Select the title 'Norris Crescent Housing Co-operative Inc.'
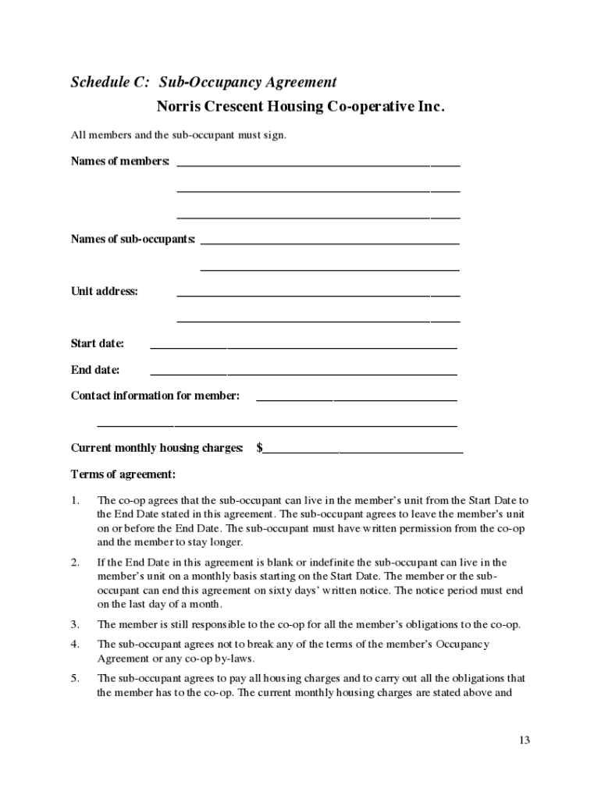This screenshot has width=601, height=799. (300, 107)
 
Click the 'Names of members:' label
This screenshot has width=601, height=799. (120, 161)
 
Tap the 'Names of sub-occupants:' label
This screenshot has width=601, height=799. (133, 239)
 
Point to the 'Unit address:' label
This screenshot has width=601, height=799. (105, 291)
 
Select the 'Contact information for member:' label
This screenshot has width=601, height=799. (155, 396)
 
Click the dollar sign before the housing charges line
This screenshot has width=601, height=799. (259, 448)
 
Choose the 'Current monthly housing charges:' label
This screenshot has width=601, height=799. (157, 448)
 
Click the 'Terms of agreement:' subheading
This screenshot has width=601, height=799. (123, 474)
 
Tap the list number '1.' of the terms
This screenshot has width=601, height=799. (75, 500)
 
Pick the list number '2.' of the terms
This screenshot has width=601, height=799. (75, 563)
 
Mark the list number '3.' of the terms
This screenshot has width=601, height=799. (75, 625)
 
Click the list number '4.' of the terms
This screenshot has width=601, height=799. (75, 645)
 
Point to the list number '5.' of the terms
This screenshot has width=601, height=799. (75, 679)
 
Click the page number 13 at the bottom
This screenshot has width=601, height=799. (524, 740)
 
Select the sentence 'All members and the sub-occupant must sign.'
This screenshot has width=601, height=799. (179, 136)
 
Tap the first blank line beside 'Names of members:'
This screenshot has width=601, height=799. (318, 165)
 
